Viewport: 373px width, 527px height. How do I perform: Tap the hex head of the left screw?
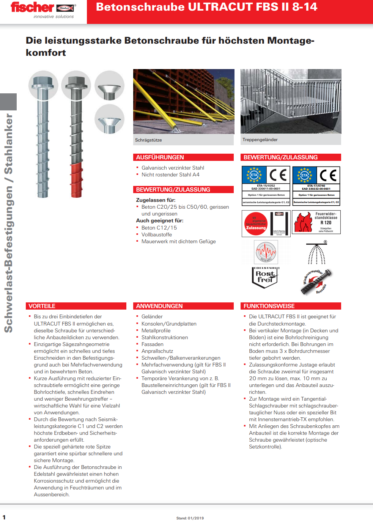[43, 81]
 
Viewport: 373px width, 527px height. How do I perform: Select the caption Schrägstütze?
[148, 140]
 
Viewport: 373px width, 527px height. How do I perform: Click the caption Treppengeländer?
[260, 140]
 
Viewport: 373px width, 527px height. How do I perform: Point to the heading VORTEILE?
[42, 306]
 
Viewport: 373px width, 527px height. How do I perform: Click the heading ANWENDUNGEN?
[159, 306]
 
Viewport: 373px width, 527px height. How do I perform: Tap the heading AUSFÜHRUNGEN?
[160, 157]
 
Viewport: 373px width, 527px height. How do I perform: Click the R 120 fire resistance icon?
[316, 222]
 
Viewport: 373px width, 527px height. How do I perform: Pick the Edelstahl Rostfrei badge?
[265, 277]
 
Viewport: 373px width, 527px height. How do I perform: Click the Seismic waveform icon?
[266, 252]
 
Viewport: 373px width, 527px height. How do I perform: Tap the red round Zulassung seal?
[256, 224]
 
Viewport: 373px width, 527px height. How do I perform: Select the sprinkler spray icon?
[316, 253]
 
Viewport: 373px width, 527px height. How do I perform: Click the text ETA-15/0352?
[266, 186]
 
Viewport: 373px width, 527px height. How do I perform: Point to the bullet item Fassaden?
[153, 344]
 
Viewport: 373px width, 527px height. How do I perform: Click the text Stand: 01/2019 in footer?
[190, 518]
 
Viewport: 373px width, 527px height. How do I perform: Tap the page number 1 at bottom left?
[4, 517]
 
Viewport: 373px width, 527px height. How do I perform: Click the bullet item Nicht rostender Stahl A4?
[170, 175]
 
